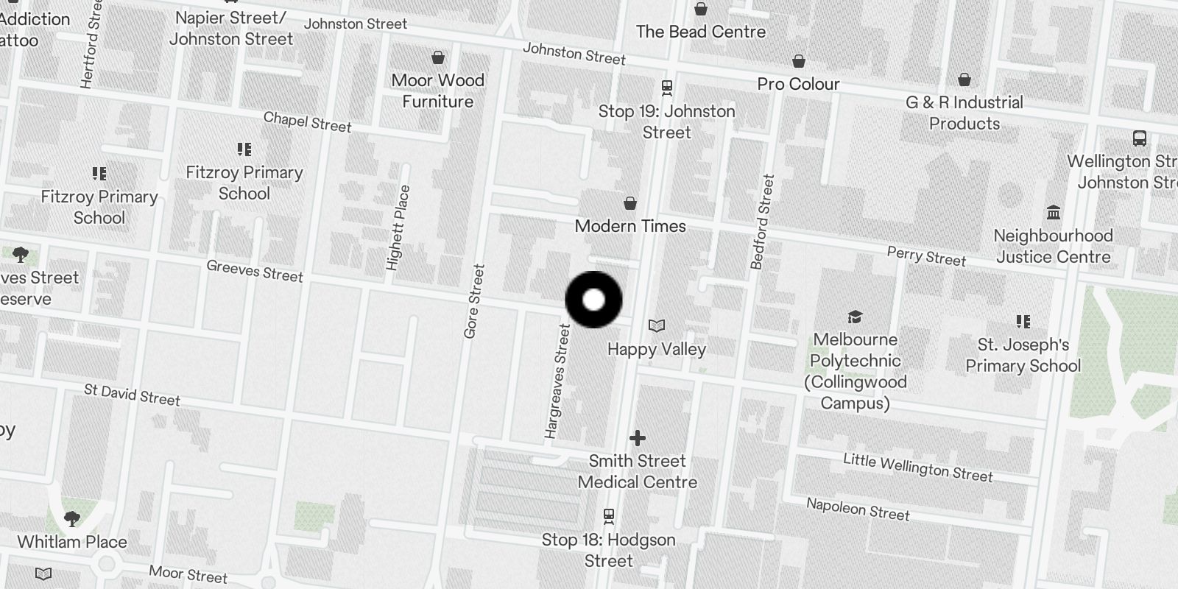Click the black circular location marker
pos(593,300)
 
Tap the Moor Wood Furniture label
pos(437,91)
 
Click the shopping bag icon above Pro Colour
pos(799,61)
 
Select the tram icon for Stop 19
pos(667,88)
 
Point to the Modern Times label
pos(630,226)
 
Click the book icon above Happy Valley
pos(657,325)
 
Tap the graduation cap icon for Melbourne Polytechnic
pos(854,317)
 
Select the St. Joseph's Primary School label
pos(1023,355)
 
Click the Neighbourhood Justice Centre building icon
pos(1054,213)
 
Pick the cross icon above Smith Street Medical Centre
pos(638,439)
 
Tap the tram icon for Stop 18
pos(609,515)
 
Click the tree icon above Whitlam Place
pos(72,519)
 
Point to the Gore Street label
pos(475,301)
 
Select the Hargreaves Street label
pos(558,381)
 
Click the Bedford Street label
pos(763,222)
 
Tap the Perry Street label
pos(926,255)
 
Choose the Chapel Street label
pos(307,121)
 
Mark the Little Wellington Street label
pos(917,468)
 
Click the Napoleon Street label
pos(858,509)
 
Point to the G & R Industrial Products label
pos(964,113)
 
